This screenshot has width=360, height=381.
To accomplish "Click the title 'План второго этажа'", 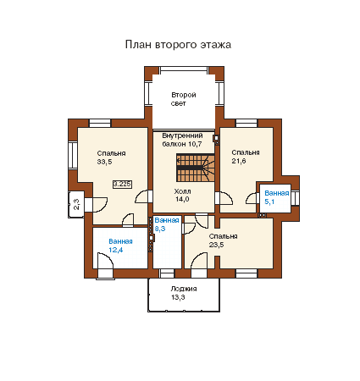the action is tap(178, 45).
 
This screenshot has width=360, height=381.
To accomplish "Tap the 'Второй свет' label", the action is tap(184, 99).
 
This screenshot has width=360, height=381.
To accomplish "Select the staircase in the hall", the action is tap(196, 168).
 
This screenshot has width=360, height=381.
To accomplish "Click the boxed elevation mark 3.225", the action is tap(122, 185).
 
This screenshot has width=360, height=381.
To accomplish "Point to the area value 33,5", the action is tap(104, 162).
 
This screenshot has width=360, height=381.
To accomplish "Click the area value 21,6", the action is tap(239, 161).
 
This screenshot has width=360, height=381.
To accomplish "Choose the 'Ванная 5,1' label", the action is tap(277, 197).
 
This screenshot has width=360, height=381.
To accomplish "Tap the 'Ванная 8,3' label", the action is tap(167, 224).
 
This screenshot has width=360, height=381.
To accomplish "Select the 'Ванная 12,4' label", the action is tap(120, 246).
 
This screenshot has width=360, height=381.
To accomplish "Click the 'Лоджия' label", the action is tap(184, 289).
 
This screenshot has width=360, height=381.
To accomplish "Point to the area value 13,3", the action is tap(178, 297).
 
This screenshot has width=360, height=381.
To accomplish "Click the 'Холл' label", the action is tap(182, 191).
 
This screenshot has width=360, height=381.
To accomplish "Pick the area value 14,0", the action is tap(182, 199).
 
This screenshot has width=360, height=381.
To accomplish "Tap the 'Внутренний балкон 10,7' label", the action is tap(182, 140).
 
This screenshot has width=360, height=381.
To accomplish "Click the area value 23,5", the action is tap(216, 245).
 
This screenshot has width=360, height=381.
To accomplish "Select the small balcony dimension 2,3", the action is tap(76, 204).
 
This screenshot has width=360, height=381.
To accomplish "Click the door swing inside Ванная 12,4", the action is tap(105, 261).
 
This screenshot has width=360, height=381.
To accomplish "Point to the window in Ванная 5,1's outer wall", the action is tap(296, 198).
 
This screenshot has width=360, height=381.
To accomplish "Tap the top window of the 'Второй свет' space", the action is tap(184, 70).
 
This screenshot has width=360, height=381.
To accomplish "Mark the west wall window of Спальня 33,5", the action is tap(73, 155).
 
